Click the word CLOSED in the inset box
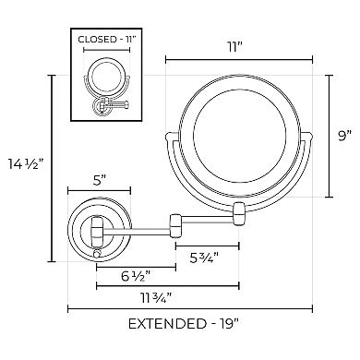[x=95, y=40]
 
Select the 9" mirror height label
[x=344, y=136]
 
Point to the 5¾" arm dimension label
[x=204, y=258]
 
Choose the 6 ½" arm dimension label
[x=136, y=277]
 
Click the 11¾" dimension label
[x=158, y=298]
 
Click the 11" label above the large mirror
[x=234, y=48]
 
